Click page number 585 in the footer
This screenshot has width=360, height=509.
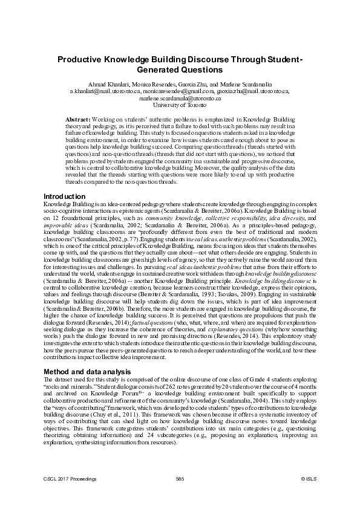pyautogui.click(x=180, y=479)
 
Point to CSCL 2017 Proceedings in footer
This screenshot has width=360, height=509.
pyautogui.click(x=70, y=479)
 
